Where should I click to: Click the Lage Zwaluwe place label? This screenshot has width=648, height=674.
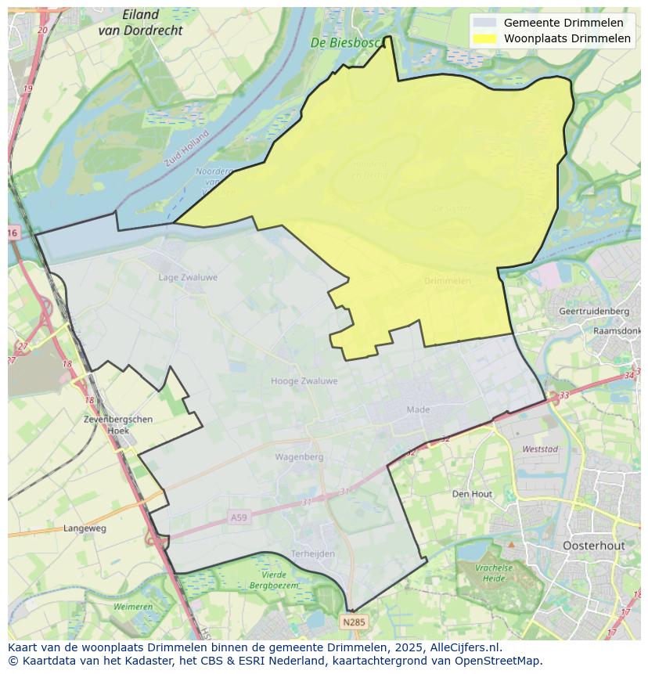tap(188, 277)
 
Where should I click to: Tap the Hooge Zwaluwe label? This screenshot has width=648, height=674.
tap(304, 381)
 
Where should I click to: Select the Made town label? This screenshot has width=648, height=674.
tap(418, 409)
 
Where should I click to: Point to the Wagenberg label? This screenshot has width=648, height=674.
tap(299, 456)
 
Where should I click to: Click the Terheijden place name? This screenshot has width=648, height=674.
tap(312, 553)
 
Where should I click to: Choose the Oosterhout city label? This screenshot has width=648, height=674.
tap(593, 545)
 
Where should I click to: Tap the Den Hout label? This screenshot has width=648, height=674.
tap(472, 494)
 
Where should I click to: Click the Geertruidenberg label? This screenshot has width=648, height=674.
tap(594, 311)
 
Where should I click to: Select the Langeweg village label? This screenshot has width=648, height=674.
tap(85, 528)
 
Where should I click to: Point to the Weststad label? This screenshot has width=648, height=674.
tap(540, 449)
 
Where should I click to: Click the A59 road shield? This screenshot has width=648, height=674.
tap(239, 517)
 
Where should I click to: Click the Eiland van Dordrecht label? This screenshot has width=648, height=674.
tap(140, 23)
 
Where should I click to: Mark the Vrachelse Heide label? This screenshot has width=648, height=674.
tap(493, 573)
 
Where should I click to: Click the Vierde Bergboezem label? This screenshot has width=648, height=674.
tap(273, 579)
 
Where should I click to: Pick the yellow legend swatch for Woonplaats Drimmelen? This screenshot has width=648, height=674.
tap(484, 38)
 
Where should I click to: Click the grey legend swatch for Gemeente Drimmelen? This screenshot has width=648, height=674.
tap(484, 23)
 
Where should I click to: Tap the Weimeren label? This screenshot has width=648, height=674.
tap(133, 607)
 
